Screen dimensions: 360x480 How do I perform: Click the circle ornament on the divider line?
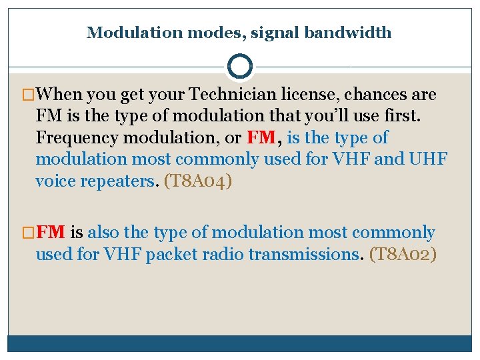pyautogui.click(x=240, y=67)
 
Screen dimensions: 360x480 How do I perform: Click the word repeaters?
pyautogui.click(x=119, y=181)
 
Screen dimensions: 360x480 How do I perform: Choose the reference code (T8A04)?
pyautogui.click(x=197, y=181)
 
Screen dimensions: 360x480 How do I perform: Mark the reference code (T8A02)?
pyautogui.click(x=403, y=254)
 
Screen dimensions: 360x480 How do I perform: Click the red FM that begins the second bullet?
pyautogui.click(x=51, y=233)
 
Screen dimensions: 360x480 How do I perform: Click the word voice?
pyautogui.click(x=55, y=181)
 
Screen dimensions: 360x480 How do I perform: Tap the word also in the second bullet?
pyautogui.click(x=103, y=233)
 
